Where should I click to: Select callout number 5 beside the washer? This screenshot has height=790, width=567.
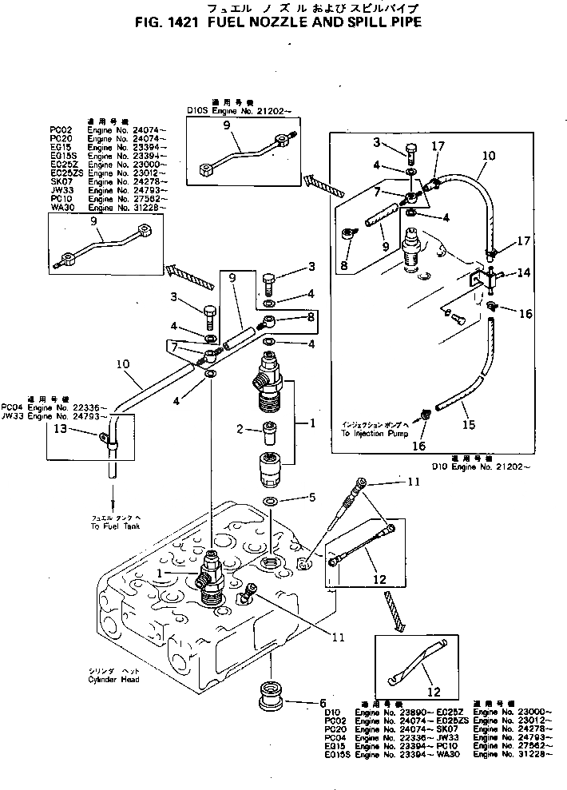coord(311,498)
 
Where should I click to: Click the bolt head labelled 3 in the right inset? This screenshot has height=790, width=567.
coord(410,151)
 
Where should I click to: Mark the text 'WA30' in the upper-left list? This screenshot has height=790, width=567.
coord(61,208)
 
